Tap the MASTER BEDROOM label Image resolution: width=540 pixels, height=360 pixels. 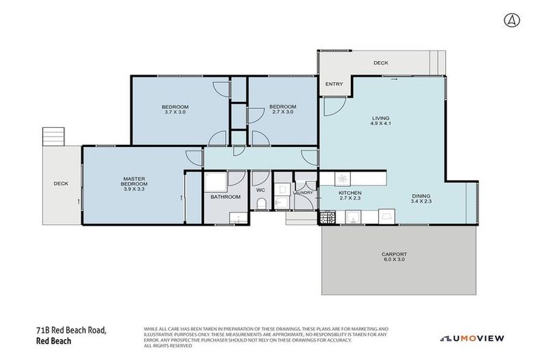pyautogui.click(x=133, y=184)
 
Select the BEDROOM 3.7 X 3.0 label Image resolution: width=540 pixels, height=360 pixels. pyautogui.click(x=176, y=109)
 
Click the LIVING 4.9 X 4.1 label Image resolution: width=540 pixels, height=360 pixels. pyautogui.click(x=380, y=121)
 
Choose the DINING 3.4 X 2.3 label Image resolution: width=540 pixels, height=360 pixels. pyautogui.click(x=421, y=199)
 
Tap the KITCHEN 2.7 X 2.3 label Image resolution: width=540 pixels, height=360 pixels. pyautogui.click(x=349, y=195)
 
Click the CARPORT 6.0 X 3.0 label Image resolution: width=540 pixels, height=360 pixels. pyautogui.click(x=394, y=257)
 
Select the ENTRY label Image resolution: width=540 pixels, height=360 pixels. pyautogui.click(x=334, y=84)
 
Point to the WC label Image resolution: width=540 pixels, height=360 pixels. pyautogui.click(x=260, y=190)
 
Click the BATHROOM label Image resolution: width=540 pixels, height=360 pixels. pyautogui.click(x=226, y=197)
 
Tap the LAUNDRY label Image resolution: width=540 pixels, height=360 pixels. pyautogui.click(x=303, y=192)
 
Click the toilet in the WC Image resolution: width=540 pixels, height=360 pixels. pyautogui.click(x=261, y=205)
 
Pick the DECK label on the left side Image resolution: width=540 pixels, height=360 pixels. pyautogui.click(x=61, y=184)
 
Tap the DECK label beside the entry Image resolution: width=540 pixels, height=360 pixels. pyautogui.click(x=380, y=63)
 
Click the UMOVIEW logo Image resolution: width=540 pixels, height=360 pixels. pyautogui.click(x=472, y=338)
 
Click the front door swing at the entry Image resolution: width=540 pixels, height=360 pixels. pyautogui.click(x=331, y=106)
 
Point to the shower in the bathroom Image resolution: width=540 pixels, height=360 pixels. pyautogui.click(x=217, y=182)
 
